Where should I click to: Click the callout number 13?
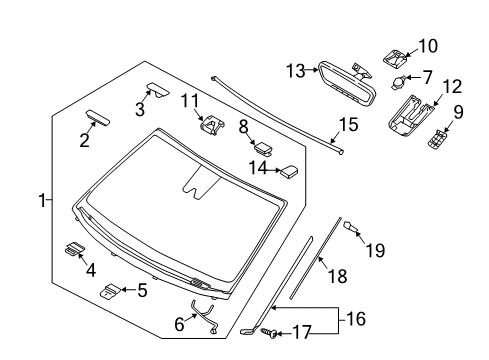(x=296, y=71)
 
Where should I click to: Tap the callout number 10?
(x=428, y=46)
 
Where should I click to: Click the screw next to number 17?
(x=269, y=332)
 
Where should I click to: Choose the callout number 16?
(x=356, y=319)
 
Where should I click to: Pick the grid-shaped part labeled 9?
(x=438, y=138)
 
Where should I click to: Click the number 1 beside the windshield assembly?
(x=42, y=200)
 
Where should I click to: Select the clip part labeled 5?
(x=110, y=290)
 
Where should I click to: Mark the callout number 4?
(x=91, y=270)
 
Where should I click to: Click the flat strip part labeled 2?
(x=98, y=118)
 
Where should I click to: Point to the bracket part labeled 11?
(x=212, y=125)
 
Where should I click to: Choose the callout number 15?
(x=348, y=125)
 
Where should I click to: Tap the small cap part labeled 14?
(x=289, y=171)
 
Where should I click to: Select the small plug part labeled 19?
(x=350, y=226)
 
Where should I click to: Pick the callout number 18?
(x=338, y=276)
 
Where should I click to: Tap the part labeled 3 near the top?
(x=158, y=90)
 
